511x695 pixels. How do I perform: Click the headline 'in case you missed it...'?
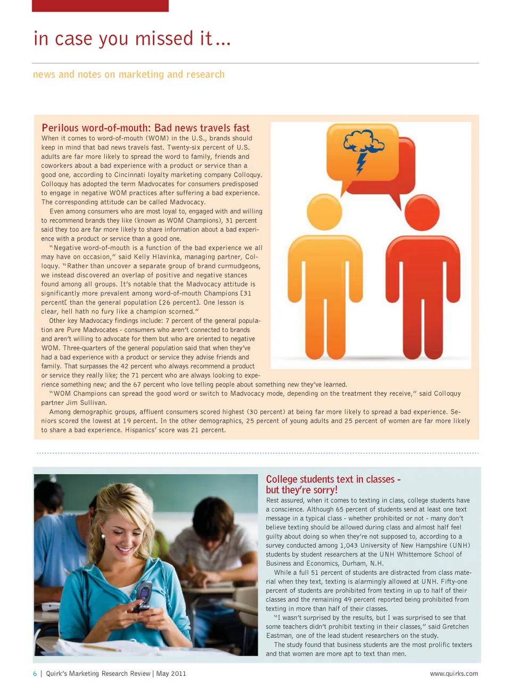coord(132,39)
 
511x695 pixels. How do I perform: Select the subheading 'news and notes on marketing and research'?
coord(129,75)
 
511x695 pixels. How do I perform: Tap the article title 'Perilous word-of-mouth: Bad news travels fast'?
coord(145,128)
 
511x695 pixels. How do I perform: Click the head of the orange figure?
coord(325,212)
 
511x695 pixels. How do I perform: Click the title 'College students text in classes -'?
coord(333,479)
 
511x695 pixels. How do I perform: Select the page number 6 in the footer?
coord(35,674)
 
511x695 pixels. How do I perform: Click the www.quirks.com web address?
coord(454,674)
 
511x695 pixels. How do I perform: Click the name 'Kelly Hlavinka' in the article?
coord(158,257)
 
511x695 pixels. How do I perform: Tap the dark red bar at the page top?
coord(100,5)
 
